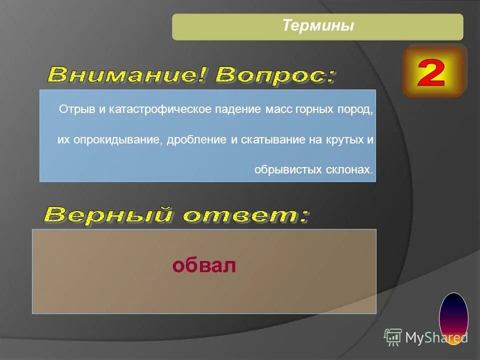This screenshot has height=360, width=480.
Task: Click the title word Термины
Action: (x=317, y=25)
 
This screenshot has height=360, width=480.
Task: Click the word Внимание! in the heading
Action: (x=127, y=75)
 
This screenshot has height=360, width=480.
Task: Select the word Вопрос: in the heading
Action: (x=275, y=75)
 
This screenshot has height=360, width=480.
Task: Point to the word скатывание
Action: (x=270, y=140)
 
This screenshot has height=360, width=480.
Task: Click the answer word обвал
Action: (x=203, y=266)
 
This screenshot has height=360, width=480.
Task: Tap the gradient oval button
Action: (x=453, y=318)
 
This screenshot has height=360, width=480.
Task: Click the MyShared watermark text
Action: (x=436, y=338)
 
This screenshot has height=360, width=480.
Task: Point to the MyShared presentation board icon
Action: (x=393, y=338)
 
